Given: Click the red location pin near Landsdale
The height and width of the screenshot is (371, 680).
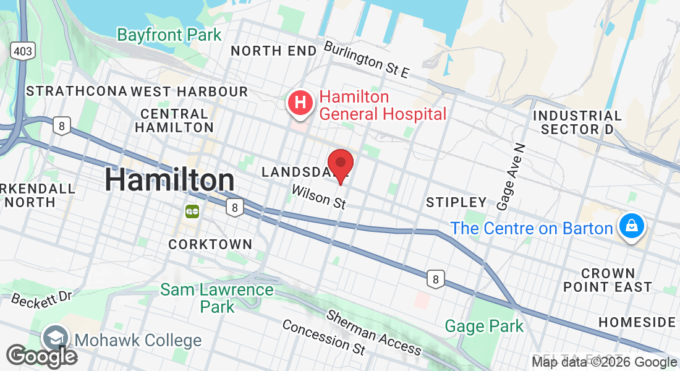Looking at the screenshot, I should pyautogui.click(x=340, y=164).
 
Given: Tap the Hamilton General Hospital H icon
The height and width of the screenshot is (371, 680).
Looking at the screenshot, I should pyautogui.click(x=300, y=103).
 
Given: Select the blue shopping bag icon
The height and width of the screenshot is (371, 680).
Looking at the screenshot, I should pyautogui.click(x=631, y=226).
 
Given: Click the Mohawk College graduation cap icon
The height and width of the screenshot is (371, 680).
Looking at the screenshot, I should pyautogui.click(x=56, y=338).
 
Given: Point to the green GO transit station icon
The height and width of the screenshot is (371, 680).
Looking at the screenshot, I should pyautogui.click(x=192, y=211).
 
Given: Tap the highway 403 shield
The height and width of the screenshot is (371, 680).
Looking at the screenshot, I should pyautogui.click(x=22, y=50).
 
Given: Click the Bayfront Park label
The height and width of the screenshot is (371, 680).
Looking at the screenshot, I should pyautogui.click(x=169, y=35).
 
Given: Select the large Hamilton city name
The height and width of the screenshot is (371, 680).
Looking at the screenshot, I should pyautogui.click(x=169, y=180).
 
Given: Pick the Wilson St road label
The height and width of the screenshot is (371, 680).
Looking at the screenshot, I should pyautogui.click(x=318, y=197).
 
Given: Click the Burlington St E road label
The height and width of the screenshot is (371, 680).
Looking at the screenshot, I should pyautogui.click(x=367, y=59).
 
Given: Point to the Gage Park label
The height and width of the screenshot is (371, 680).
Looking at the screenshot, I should pyautogui.click(x=484, y=326).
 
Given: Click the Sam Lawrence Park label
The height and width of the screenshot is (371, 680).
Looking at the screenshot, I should pyautogui.click(x=217, y=297).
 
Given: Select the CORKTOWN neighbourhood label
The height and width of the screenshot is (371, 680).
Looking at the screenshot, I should pyautogui.click(x=210, y=244).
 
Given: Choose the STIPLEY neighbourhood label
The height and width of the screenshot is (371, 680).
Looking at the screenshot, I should pyautogui.click(x=457, y=202).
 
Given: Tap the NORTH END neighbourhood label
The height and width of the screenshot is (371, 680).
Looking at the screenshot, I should pyautogui.click(x=273, y=51).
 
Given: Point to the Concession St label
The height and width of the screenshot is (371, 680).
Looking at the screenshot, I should pyautogui.click(x=323, y=337).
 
